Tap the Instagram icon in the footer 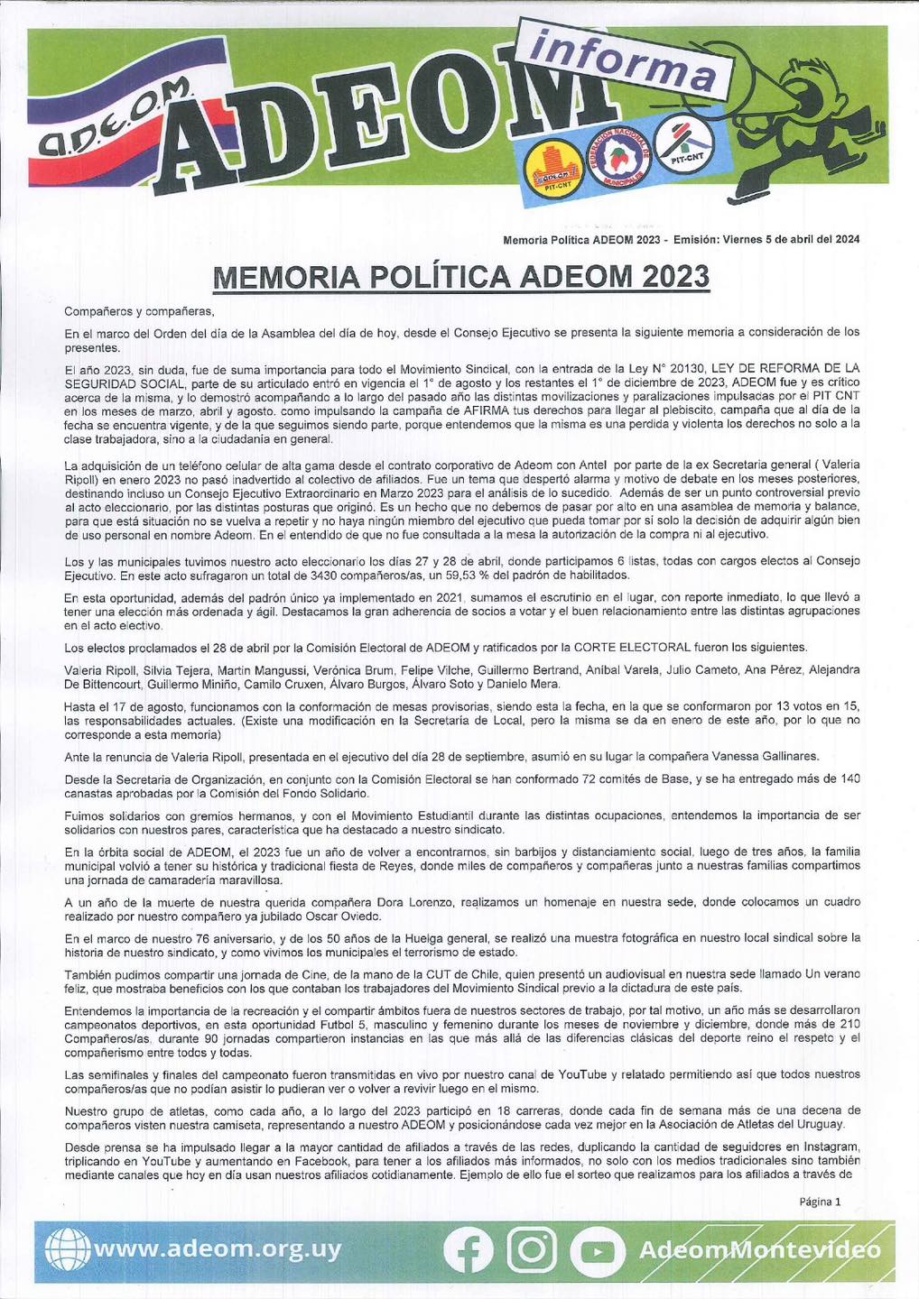(x=533, y=1250)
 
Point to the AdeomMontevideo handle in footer (x=758, y=1250)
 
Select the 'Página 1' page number (x=820, y=1202)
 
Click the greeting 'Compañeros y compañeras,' (x=140, y=312)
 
